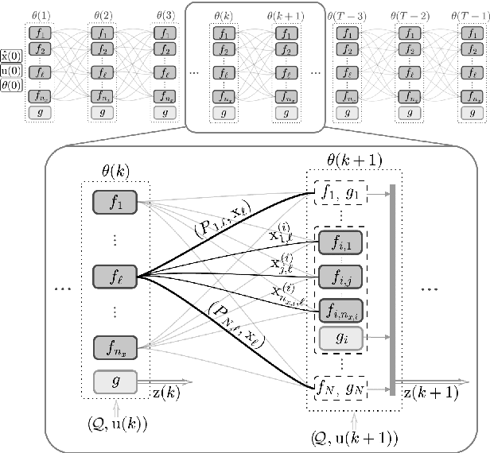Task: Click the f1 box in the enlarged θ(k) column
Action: point(116,202)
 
